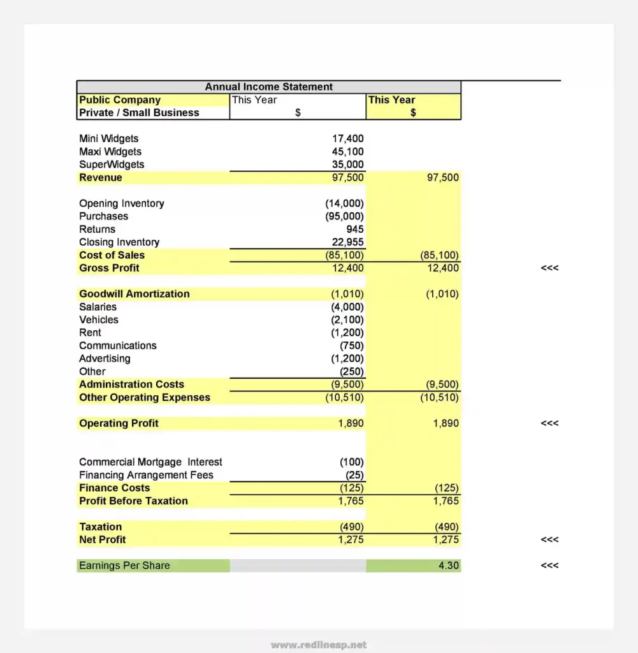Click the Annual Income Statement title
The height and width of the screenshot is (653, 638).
[x=268, y=87]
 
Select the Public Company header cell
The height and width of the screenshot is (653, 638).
[x=120, y=100]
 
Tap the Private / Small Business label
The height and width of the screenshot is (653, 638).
[x=139, y=113]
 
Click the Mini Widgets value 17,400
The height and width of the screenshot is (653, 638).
[x=347, y=138]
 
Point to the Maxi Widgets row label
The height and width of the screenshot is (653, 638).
[x=110, y=152]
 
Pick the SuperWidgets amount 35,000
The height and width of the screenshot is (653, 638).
[x=347, y=165]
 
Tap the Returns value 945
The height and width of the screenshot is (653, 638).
[x=355, y=229]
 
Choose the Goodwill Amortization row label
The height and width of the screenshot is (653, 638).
[x=134, y=294]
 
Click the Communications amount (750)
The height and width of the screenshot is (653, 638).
[x=351, y=346]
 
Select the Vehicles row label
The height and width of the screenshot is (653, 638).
[x=99, y=319]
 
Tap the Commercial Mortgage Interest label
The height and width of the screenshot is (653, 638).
[x=150, y=462]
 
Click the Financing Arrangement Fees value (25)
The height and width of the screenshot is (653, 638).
[x=354, y=475]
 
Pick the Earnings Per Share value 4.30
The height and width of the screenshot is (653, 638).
[x=448, y=566]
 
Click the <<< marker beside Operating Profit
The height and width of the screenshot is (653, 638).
[x=549, y=423]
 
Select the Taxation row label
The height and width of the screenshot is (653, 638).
[x=100, y=527]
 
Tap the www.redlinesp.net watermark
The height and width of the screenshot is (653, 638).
[x=319, y=645]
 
